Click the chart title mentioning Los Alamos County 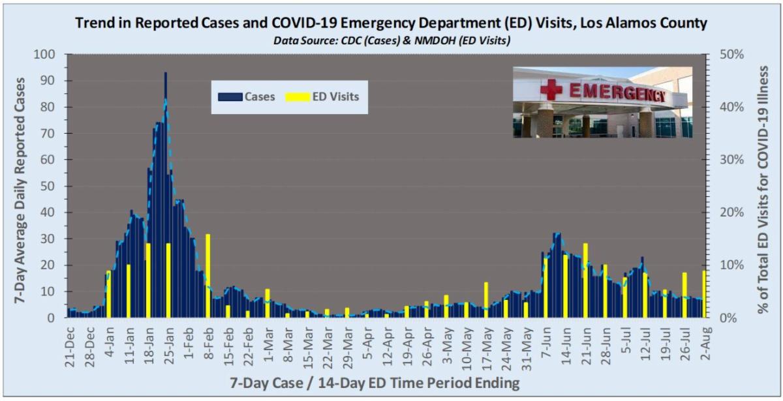click(x=391, y=23)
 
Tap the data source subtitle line click(x=391, y=40)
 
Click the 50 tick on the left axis click(x=47, y=186)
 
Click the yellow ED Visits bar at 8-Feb click(x=208, y=275)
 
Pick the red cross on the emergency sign click(x=551, y=89)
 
